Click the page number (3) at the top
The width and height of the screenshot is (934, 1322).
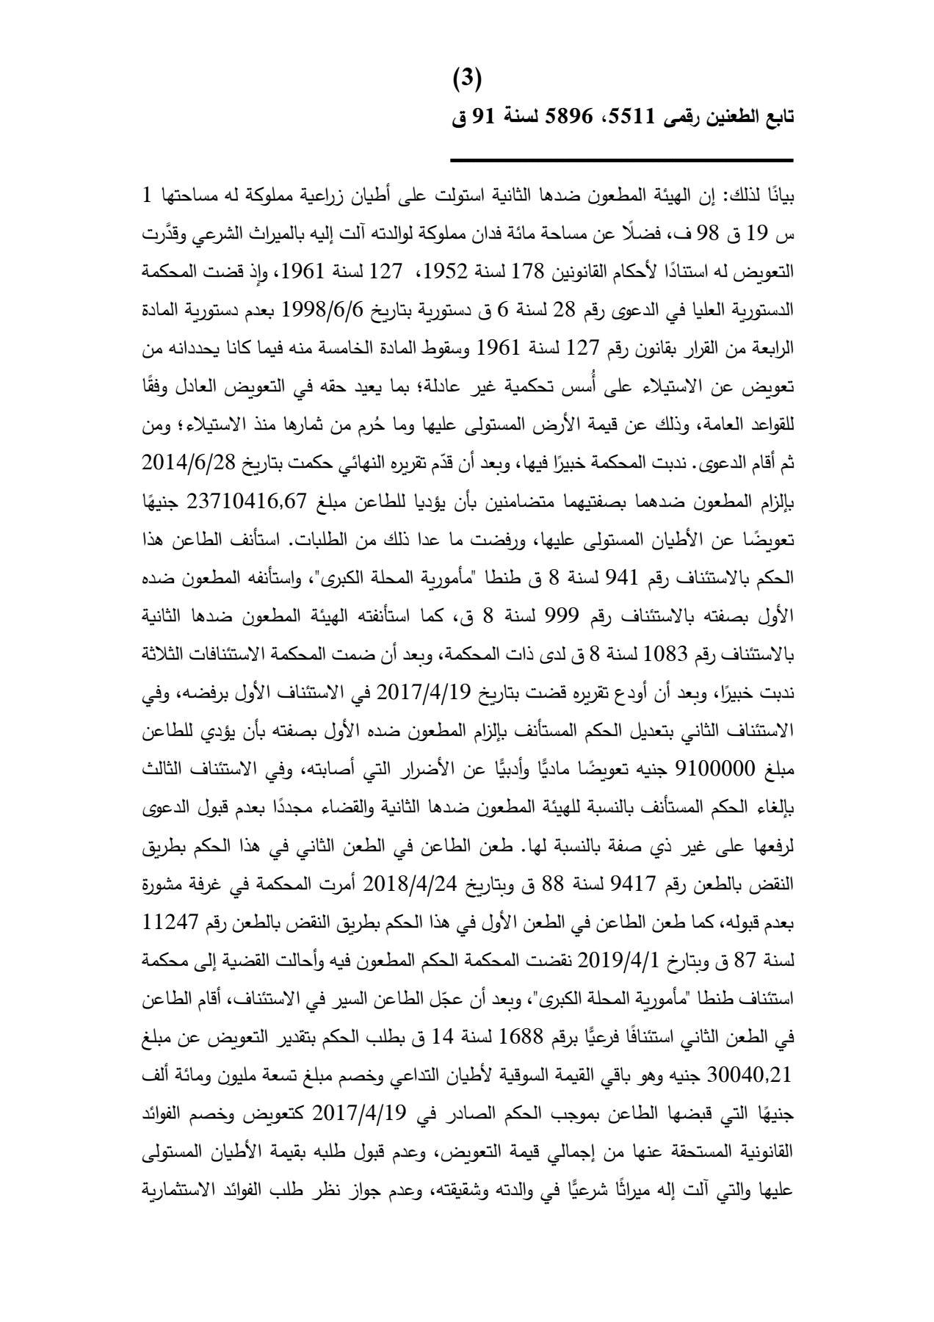coord(467,79)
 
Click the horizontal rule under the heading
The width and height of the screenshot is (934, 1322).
coord(621,160)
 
